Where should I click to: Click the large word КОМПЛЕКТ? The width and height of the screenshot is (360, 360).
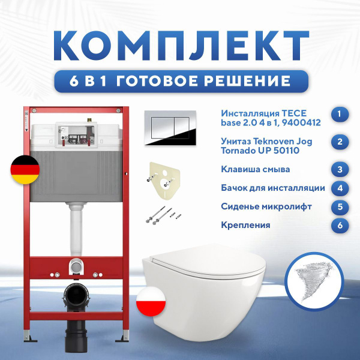click(x=180, y=41)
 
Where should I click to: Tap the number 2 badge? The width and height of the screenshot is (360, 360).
click(x=340, y=142)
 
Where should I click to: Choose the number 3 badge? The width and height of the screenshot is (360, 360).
click(x=340, y=170)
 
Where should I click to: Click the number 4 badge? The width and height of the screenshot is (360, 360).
click(x=340, y=188)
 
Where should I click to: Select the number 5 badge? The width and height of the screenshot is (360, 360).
click(x=340, y=207)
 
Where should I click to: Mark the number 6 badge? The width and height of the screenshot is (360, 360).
click(x=340, y=226)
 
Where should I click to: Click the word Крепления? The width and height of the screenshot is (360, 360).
click(x=245, y=226)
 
